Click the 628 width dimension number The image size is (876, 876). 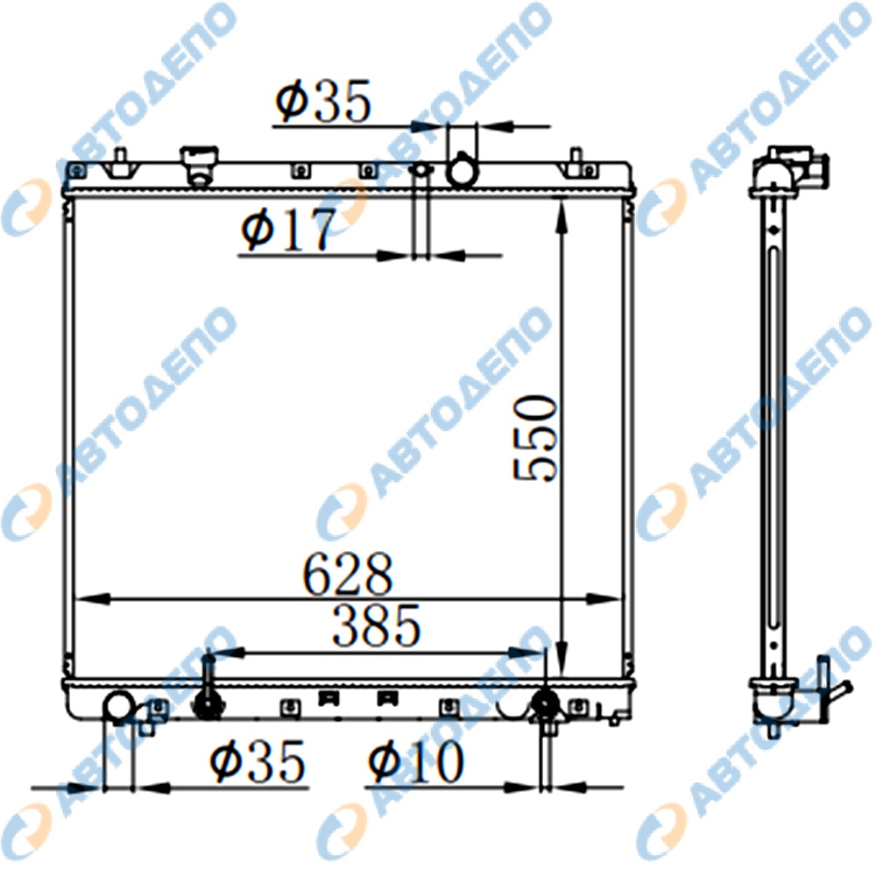[348, 573]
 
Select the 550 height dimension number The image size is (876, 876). [535, 438]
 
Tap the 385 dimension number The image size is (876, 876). [376, 625]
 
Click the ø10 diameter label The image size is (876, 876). [416, 761]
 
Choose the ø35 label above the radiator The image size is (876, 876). [323, 101]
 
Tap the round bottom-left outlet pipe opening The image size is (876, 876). [119, 706]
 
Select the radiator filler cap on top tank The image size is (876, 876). [199, 165]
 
